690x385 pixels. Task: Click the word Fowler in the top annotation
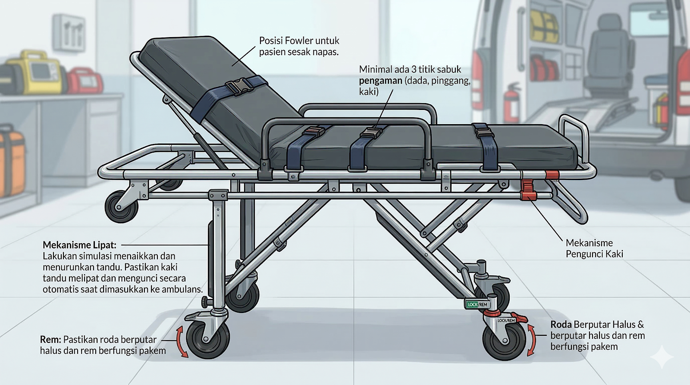click(x=299, y=41)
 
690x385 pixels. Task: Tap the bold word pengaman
click(x=380, y=81)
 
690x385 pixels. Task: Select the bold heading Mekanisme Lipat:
click(x=79, y=245)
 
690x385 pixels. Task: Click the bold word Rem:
click(x=50, y=340)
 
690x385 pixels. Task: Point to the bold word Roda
click(x=561, y=325)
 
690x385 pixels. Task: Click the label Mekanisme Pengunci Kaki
click(x=594, y=248)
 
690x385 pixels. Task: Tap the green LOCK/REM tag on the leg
click(x=477, y=304)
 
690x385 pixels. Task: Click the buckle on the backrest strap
click(x=237, y=86)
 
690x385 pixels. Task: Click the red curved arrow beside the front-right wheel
click(x=531, y=340)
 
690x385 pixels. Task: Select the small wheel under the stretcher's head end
click(x=122, y=207)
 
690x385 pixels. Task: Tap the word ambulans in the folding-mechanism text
click(x=181, y=289)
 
